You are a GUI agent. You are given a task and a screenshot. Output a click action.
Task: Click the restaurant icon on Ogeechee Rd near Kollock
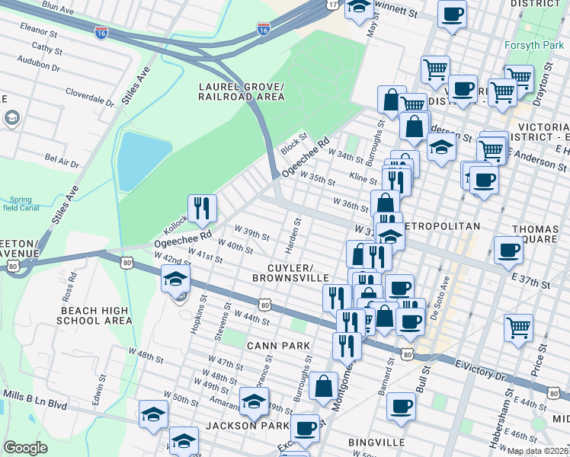coord(202,208)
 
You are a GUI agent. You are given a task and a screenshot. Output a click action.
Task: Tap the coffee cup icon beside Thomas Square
coord(509,251)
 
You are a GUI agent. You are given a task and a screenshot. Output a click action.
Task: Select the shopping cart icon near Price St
coord(518,328)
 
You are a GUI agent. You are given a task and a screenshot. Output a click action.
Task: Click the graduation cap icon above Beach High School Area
coord(175,279)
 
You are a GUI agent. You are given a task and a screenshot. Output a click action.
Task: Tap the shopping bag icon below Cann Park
coord(324,385)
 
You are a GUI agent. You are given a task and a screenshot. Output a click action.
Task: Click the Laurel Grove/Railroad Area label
coord(241,91)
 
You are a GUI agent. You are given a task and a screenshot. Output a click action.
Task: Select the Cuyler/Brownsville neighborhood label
coord(290,273)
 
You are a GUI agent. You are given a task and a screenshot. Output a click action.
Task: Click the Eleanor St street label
coord(40,34)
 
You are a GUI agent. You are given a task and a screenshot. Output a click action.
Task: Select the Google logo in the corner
coord(25,448)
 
